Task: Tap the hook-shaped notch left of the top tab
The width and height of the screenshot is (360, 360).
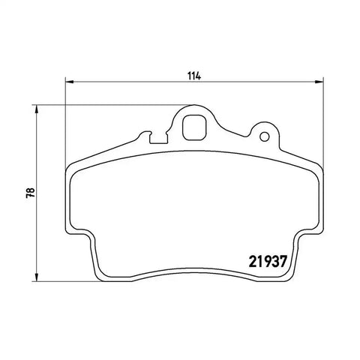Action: pos(155,136)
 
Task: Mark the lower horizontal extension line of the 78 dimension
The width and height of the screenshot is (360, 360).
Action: pos(67,280)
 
